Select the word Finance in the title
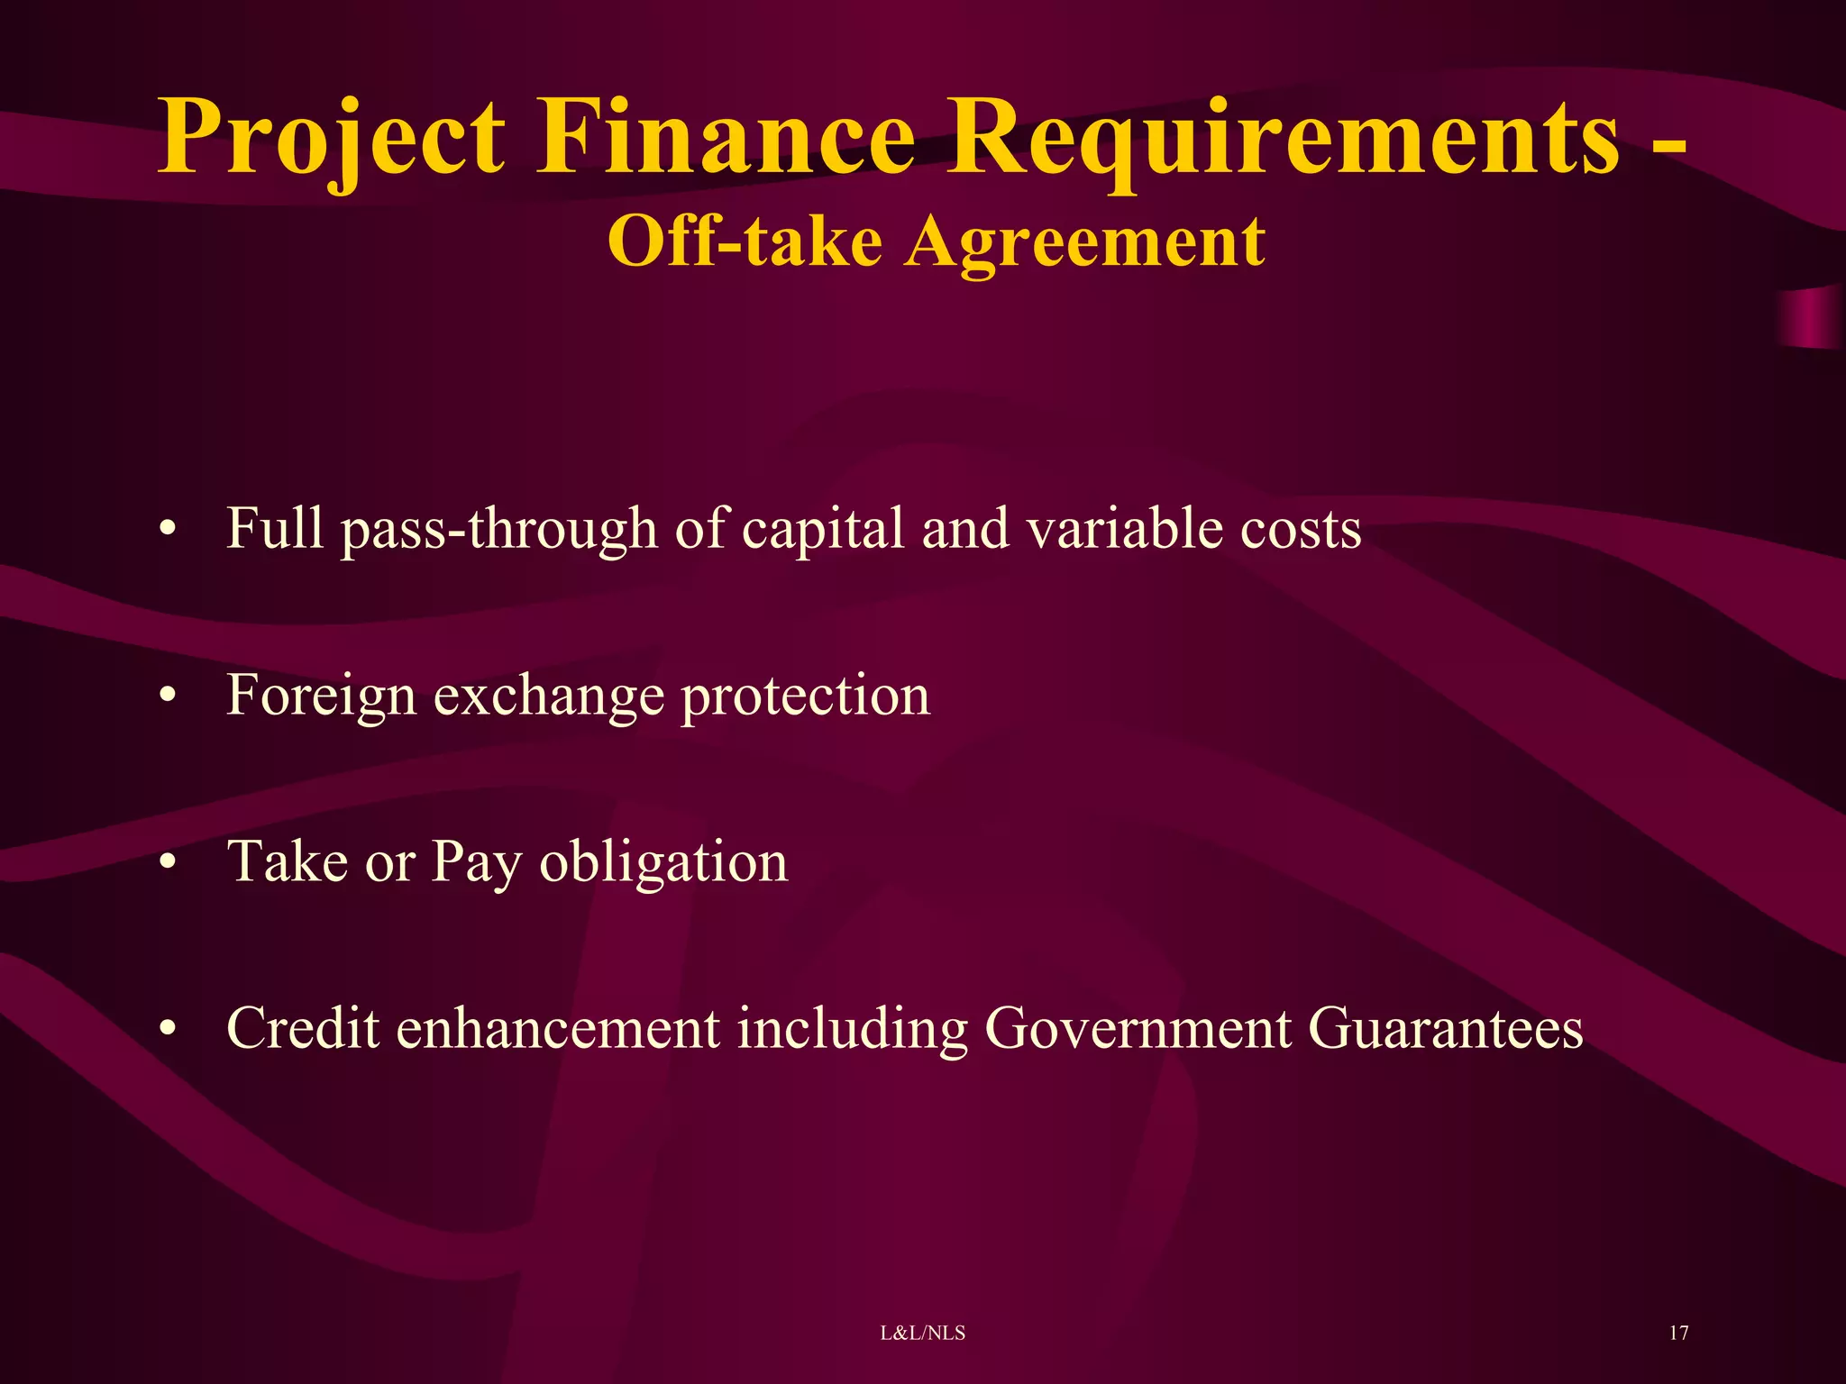pyautogui.click(x=727, y=137)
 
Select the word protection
pyautogui.click(x=805, y=697)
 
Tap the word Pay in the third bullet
pyautogui.click(x=477, y=863)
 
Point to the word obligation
pyautogui.click(x=663, y=863)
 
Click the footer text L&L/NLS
pyautogui.click(x=922, y=1333)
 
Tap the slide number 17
pyautogui.click(x=1678, y=1333)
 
